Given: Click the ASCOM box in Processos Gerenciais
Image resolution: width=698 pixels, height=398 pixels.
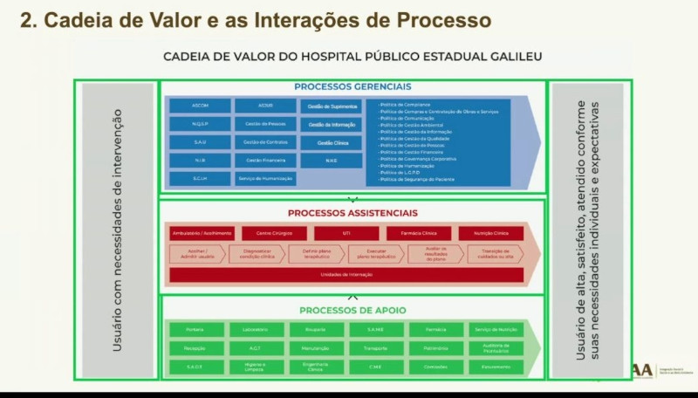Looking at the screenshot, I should coord(200,106).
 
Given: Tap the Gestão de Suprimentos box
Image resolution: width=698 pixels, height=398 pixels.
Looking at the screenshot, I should coord(332,106).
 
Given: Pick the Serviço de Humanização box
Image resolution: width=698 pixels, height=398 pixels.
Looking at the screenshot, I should coord(265,178).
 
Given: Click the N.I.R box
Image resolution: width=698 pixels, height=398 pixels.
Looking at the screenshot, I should coord(200,160).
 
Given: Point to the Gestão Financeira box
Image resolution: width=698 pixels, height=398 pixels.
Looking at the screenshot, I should coord(265,160).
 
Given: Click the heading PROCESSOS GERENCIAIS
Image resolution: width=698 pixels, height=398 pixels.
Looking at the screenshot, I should coord(352,86).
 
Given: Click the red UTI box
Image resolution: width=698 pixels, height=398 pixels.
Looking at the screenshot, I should coord(346,234).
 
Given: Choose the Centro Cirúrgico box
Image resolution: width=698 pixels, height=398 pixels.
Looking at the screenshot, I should coord(275,234).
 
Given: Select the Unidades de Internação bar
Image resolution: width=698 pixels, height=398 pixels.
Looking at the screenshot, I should coord(346,275).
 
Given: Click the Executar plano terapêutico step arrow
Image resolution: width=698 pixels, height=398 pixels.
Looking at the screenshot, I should coord(375,254).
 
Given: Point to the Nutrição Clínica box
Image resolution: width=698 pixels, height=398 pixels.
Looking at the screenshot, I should coord(490,234).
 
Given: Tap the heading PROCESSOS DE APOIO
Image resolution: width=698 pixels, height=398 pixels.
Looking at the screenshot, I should coord(352,310).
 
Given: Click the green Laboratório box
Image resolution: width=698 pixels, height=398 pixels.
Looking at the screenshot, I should coord(257,330).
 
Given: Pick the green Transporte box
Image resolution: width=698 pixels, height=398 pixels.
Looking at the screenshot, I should coord(376,348).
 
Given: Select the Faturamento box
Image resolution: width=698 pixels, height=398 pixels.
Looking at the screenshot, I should coord(496,367).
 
